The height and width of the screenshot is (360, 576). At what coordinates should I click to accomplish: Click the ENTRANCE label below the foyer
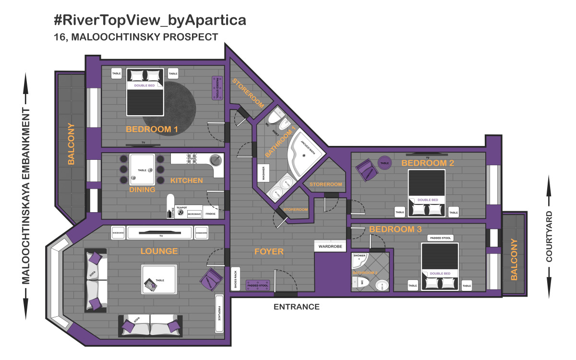click(x=296, y=307)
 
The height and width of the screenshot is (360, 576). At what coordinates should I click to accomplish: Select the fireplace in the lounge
click(x=220, y=313)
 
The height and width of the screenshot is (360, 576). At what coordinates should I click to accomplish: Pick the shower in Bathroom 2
click(x=360, y=261)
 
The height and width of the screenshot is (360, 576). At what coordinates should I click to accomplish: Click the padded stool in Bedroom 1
click(x=217, y=88)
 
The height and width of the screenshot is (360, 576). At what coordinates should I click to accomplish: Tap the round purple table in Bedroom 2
click(x=384, y=163)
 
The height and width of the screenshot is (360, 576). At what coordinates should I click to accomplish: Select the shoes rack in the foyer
click(x=235, y=279)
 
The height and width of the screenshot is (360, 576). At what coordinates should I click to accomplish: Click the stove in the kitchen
click(x=192, y=159)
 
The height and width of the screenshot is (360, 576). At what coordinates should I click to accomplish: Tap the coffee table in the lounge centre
click(x=159, y=279)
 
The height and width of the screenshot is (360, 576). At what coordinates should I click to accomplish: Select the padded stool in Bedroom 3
click(x=440, y=238)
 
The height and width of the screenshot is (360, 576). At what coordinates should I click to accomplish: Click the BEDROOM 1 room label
click(x=152, y=129)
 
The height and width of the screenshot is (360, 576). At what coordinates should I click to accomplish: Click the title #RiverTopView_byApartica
click(x=150, y=21)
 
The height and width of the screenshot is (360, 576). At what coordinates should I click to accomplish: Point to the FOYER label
click(x=269, y=252)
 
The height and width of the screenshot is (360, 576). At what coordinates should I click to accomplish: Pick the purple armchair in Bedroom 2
click(x=366, y=169)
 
